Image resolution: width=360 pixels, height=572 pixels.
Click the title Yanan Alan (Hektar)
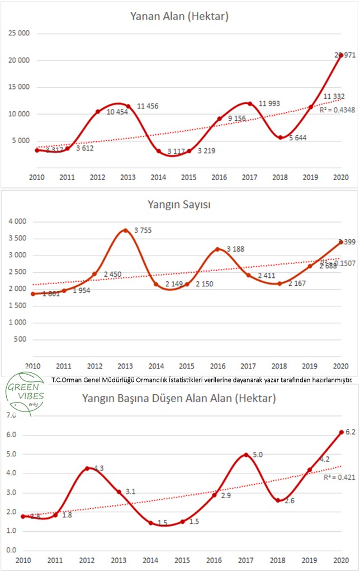pos(179,16)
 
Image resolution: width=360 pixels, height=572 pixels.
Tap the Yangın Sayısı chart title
pos(179,204)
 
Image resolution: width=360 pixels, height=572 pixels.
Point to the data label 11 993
pos(268,103)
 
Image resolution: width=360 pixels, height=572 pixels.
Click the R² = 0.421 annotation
pos(336,478)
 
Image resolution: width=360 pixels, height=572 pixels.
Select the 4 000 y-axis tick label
pos(20,222)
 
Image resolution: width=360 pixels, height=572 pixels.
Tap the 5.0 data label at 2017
pos(258,455)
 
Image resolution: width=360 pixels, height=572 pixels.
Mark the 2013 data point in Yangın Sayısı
pos(125,230)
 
